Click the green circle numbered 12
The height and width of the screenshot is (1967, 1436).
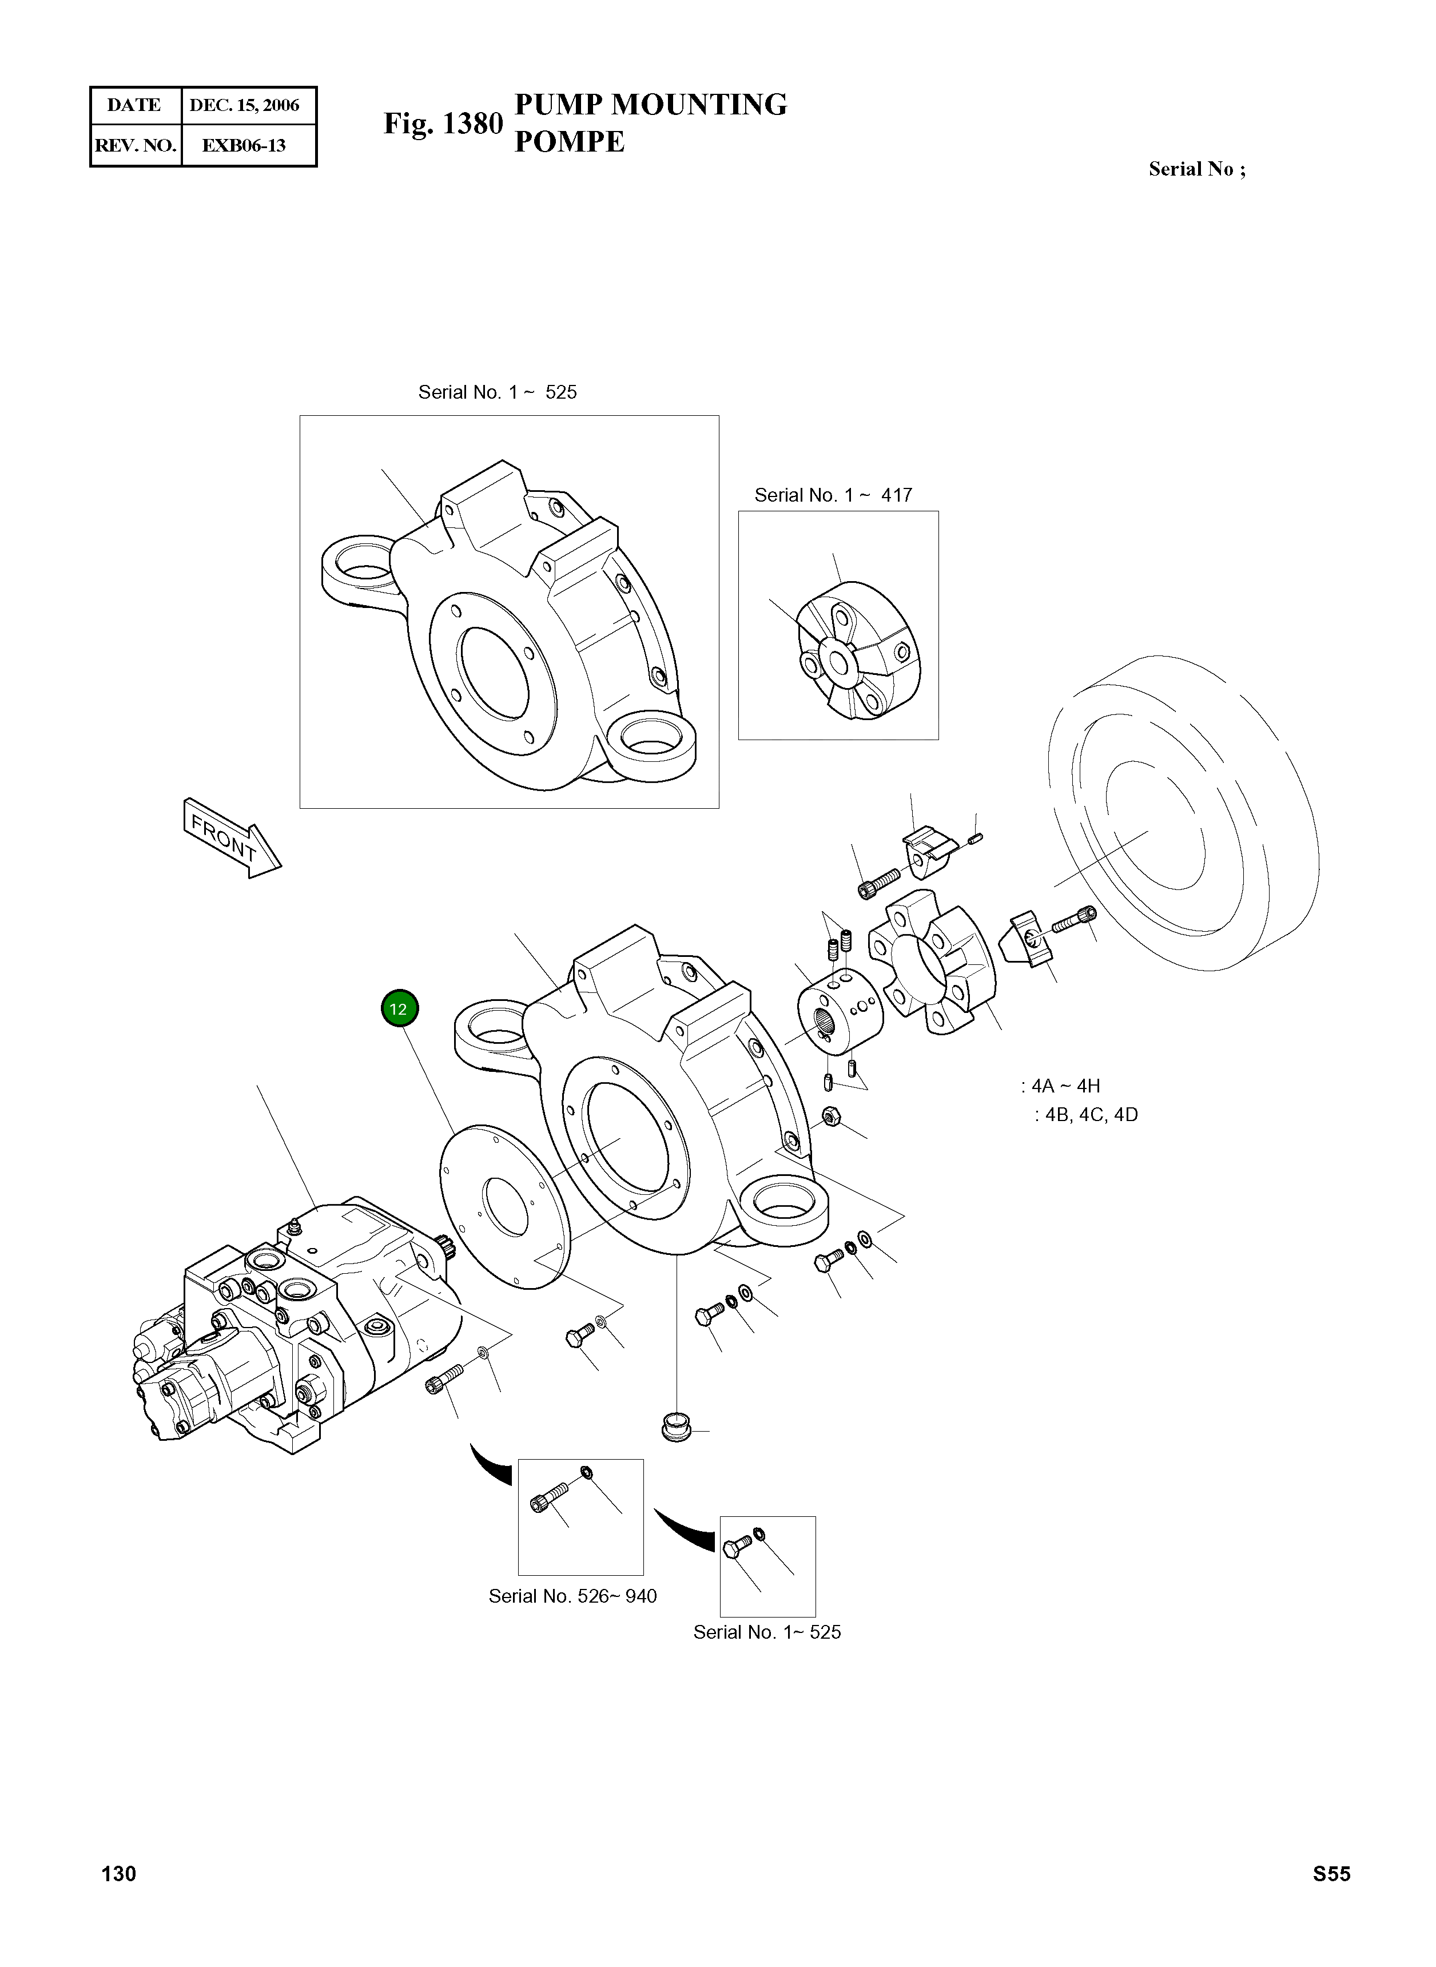click(x=399, y=1009)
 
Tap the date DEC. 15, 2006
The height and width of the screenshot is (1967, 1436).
click(x=244, y=106)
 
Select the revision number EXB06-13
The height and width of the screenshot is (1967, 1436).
click(x=244, y=145)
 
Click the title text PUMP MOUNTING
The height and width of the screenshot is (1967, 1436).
click(x=650, y=104)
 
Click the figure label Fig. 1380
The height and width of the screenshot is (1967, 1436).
click(x=443, y=124)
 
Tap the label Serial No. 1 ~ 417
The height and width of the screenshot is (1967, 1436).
click(x=833, y=495)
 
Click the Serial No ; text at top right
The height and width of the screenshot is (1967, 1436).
click(x=1196, y=169)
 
